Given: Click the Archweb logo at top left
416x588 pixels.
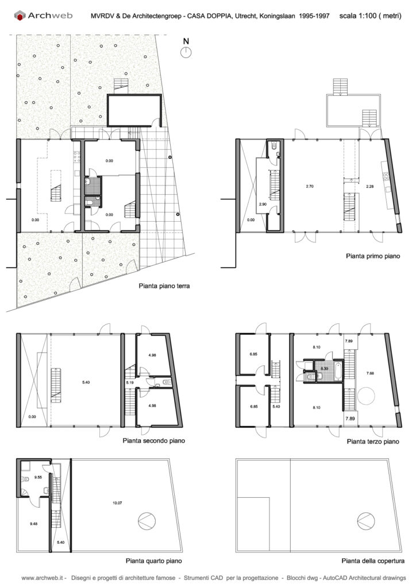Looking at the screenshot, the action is pyautogui.click(x=43, y=16).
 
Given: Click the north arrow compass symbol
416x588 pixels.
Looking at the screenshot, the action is pyautogui.click(x=186, y=52).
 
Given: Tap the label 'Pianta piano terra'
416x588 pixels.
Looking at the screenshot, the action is pyautogui.click(x=164, y=286).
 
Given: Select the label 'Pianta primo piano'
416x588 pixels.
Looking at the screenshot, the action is pyautogui.click(x=373, y=256).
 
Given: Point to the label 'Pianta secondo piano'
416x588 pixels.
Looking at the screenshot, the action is pyautogui.click(x=154, y=440).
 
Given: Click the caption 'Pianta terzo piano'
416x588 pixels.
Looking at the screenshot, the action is pyautogui.click(x=373, y=442).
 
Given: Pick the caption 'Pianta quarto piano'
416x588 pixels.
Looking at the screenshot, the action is pyautogui.click(x=154, y=561).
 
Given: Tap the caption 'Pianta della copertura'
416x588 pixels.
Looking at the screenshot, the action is pyautogui.click(x=373, y=561).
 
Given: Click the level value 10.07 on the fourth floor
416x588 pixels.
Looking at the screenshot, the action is pyautogui.click(x=117, y=503).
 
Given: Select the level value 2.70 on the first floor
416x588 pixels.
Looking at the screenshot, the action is pyautogui.click(x=310, y=186).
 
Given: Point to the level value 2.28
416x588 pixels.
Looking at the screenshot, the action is pyautogui.click(x=369, y=186).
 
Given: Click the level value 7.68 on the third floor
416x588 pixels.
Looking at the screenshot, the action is pyautogui.click(x=370, y=373).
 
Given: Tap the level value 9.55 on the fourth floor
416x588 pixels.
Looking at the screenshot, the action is pyautogui.click(x=38, y=477).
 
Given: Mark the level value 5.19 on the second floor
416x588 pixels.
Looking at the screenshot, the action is pyautogui.click(x=130, y=382).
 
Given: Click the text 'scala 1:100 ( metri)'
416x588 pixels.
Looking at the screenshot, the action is pyautogui.click(x=370, y=16).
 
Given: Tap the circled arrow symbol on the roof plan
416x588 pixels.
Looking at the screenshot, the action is pyautogui.click(x=366, y=520).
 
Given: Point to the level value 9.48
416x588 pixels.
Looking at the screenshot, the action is pyautogui.click(x=34, y=524).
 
